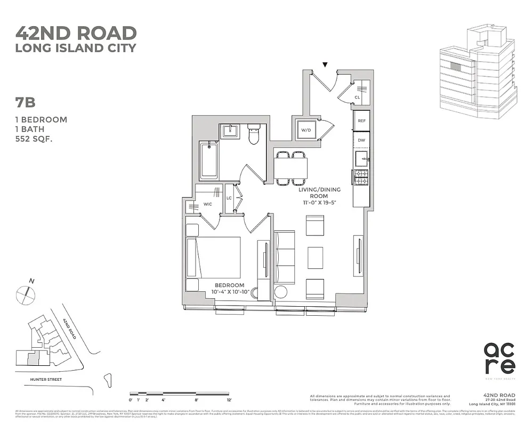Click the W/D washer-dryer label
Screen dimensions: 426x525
pyautogui.click(x=306, y=130)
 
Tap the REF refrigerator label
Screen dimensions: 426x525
pyautogui.click(x=361, y=121)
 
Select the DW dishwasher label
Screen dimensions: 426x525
pyautogui.click(x=361, y=140)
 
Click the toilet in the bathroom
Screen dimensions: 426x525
pyautogui.click(x=254, y=135)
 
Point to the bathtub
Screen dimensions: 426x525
pyautogui.click(x=208, y=160)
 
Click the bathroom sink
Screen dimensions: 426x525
pyautogui.click(x=232, y=130)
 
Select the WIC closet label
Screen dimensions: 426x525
pyautogui.click(x=208, y=204)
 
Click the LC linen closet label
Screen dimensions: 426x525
pyautogui.click(x=229, y=198)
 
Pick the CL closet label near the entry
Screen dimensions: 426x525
pyautogui.click(x=357, y=97)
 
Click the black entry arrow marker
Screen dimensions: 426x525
pyautogui.click(x=325, y=65)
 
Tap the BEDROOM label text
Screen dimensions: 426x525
pyautogui.click(x=230, y=285)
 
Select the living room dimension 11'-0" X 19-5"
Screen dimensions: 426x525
pyautogui.click(x=319, y=203)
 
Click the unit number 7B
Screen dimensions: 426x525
pyautogui.click(x=26, y=103)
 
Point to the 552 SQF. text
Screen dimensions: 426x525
pyautogui.click(x=37, y=139)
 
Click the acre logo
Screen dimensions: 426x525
pyautogui.click(x=499, y=358)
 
